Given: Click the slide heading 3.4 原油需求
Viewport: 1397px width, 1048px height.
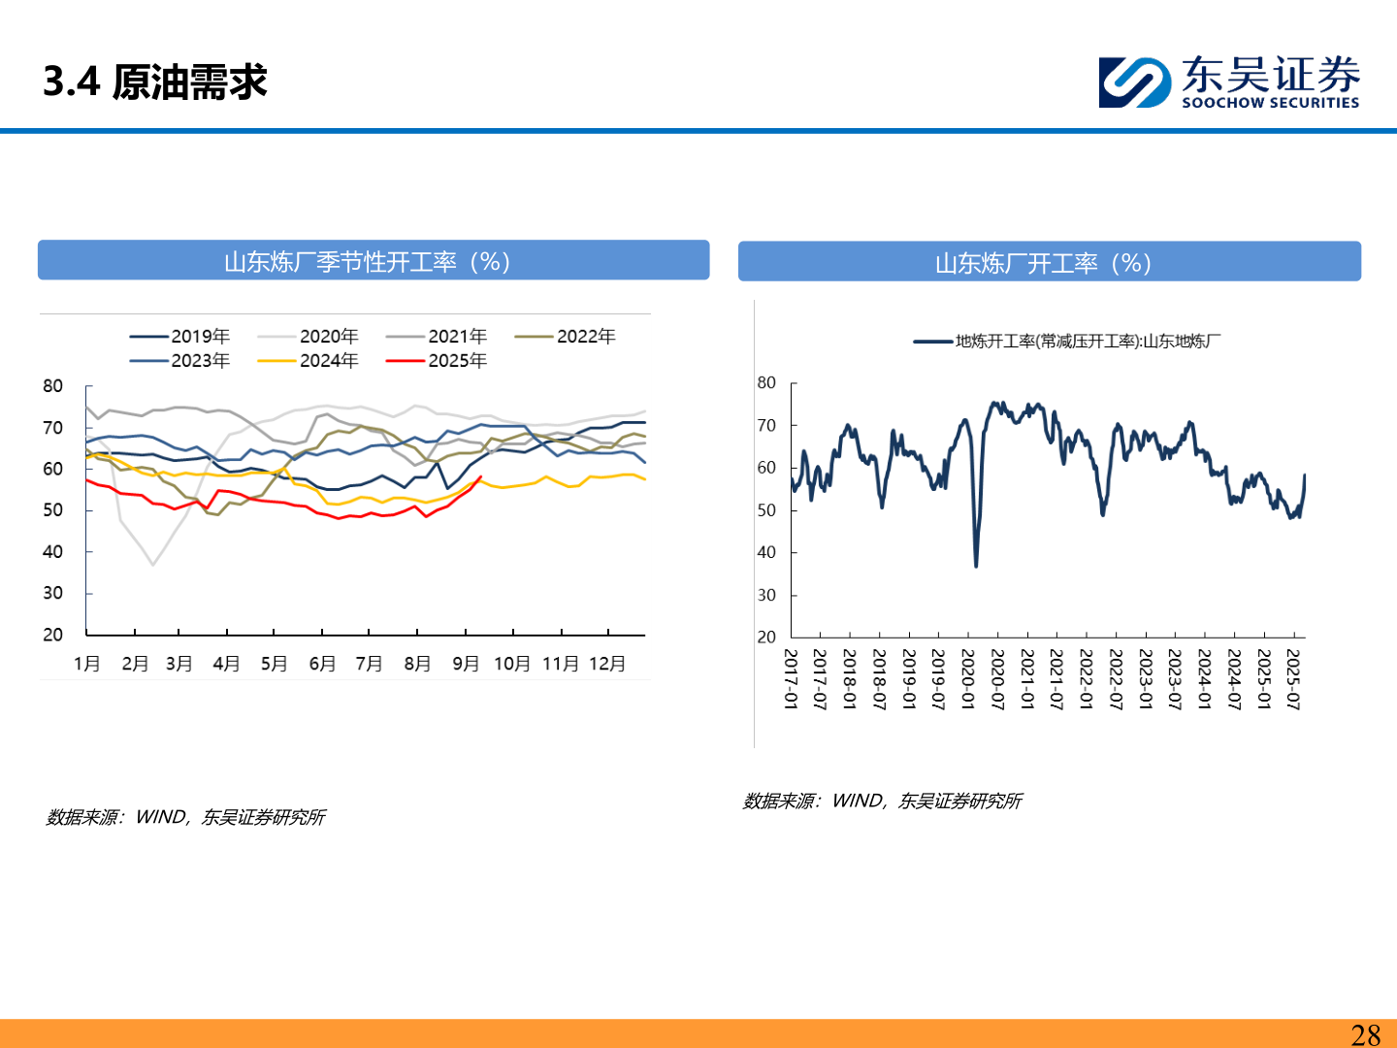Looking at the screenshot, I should point(155,82).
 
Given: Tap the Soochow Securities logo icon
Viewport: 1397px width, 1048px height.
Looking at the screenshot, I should point(1134,82).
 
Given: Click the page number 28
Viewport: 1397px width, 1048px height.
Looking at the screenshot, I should point(1365,1034).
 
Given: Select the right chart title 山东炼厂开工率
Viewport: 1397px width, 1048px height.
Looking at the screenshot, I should point(1043,263).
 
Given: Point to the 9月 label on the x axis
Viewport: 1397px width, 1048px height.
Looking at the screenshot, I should point(466,664).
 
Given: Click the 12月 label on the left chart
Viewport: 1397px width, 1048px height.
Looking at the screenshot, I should point(607,664).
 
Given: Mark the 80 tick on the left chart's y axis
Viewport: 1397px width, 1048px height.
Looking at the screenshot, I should point(52,386).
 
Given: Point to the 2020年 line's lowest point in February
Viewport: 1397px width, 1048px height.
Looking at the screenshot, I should point(152,565).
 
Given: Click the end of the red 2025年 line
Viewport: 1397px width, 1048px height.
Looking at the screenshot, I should point(481,476).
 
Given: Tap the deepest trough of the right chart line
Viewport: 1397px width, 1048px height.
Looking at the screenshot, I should point(975,566).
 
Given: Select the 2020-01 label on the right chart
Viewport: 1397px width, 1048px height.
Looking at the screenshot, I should point(967,679).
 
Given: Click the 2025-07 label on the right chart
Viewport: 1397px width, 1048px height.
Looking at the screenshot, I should point(1292,679).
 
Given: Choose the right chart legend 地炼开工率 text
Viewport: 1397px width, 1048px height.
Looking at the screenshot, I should point(1087,341).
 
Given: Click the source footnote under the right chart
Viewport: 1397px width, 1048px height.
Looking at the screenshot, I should point(882,801).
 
